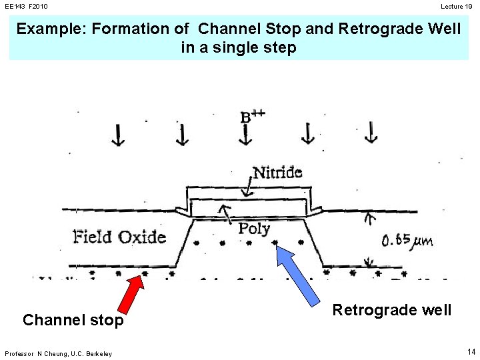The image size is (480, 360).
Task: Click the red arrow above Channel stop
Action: (x=133, y=293)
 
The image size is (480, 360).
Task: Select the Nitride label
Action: (x=277, y=172)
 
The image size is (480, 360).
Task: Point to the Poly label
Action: (x=255, y=229)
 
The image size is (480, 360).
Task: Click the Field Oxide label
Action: (x=119, y=236)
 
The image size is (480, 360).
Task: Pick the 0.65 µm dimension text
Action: (x=407, y=240)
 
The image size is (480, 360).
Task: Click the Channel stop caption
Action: (x=73, y=321)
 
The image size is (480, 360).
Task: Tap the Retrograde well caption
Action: (x=392, y=310)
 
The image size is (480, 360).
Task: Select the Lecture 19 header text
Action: (x=456, y=6)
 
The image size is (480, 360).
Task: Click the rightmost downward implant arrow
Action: (x=371, y=134)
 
